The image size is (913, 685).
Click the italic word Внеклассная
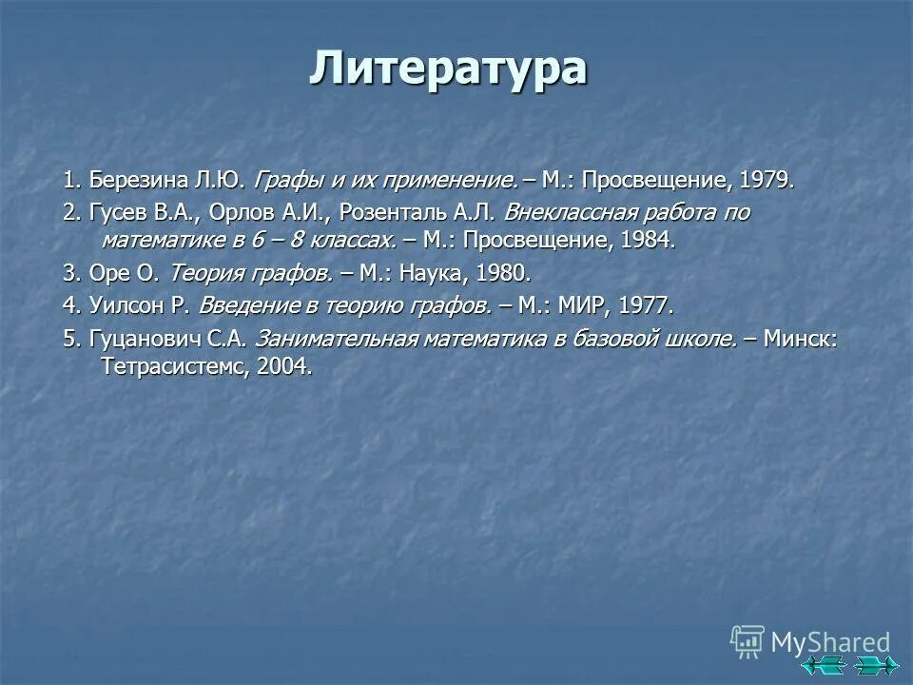564,212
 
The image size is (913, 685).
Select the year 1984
647,240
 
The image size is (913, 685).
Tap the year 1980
502,273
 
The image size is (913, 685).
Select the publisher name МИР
589,306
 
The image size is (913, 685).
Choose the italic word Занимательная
338,340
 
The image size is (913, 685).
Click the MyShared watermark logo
810,642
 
